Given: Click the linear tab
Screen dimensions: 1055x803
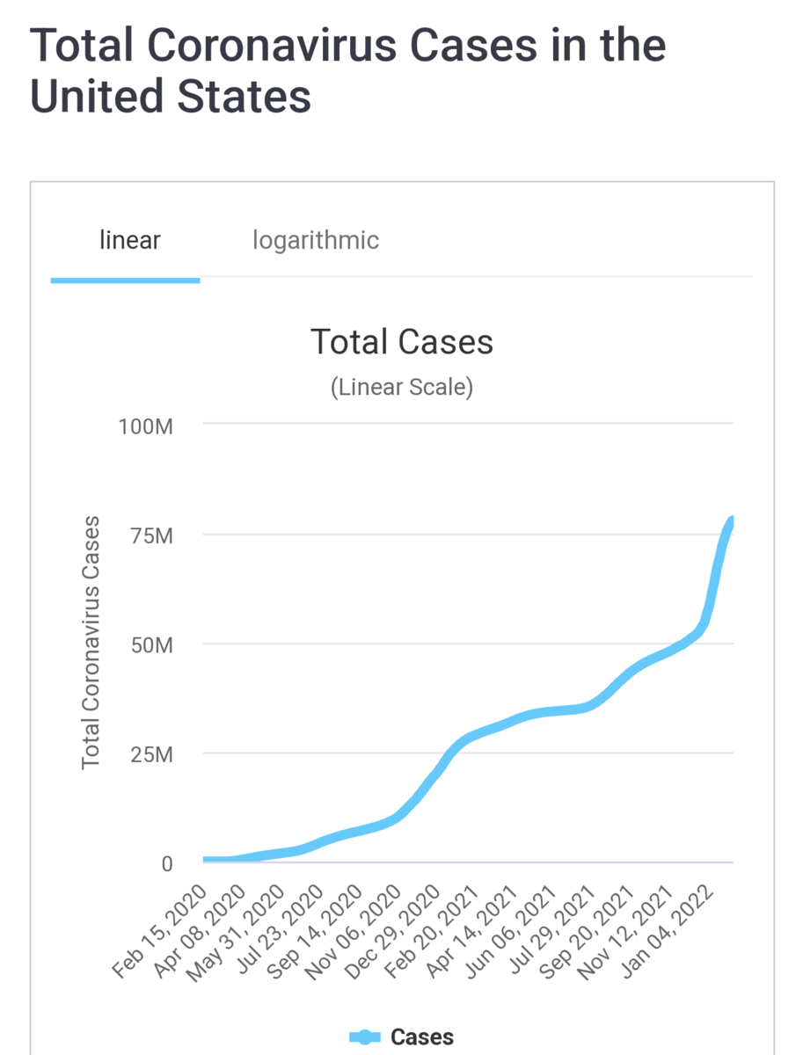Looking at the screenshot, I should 130,239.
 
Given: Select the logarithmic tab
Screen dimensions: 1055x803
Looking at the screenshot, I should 316,239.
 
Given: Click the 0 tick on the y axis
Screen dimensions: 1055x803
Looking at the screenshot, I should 166,863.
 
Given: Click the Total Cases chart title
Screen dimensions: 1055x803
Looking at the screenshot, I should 402,341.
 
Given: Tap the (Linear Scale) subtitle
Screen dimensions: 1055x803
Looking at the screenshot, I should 402,387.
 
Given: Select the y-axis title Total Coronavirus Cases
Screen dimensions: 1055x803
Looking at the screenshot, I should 91,643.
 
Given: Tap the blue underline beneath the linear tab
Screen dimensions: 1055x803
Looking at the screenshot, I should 126,280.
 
